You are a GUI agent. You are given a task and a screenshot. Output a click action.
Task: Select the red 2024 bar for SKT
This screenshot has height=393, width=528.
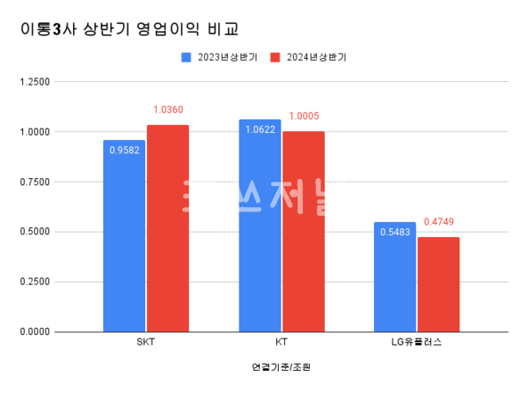coord(167,228)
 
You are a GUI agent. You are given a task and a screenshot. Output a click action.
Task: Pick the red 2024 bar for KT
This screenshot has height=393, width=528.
coord(303,232)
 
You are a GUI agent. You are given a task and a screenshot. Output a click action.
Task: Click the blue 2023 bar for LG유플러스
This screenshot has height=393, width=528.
coord(395,277)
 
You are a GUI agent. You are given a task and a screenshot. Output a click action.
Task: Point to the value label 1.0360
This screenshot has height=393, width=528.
coord(167,110)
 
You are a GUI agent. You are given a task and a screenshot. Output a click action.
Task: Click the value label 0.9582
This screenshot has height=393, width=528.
coord(124,150)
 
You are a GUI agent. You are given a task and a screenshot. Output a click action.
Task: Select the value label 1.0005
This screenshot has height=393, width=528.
coord(303,116)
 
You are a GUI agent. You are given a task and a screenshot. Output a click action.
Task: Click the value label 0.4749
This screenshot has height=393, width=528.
coord(438,222)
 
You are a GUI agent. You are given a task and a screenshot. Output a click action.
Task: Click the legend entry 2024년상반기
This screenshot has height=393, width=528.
coord(308,57)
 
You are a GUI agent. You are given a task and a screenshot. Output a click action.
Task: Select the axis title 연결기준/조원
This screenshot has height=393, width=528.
coord(281,367)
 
